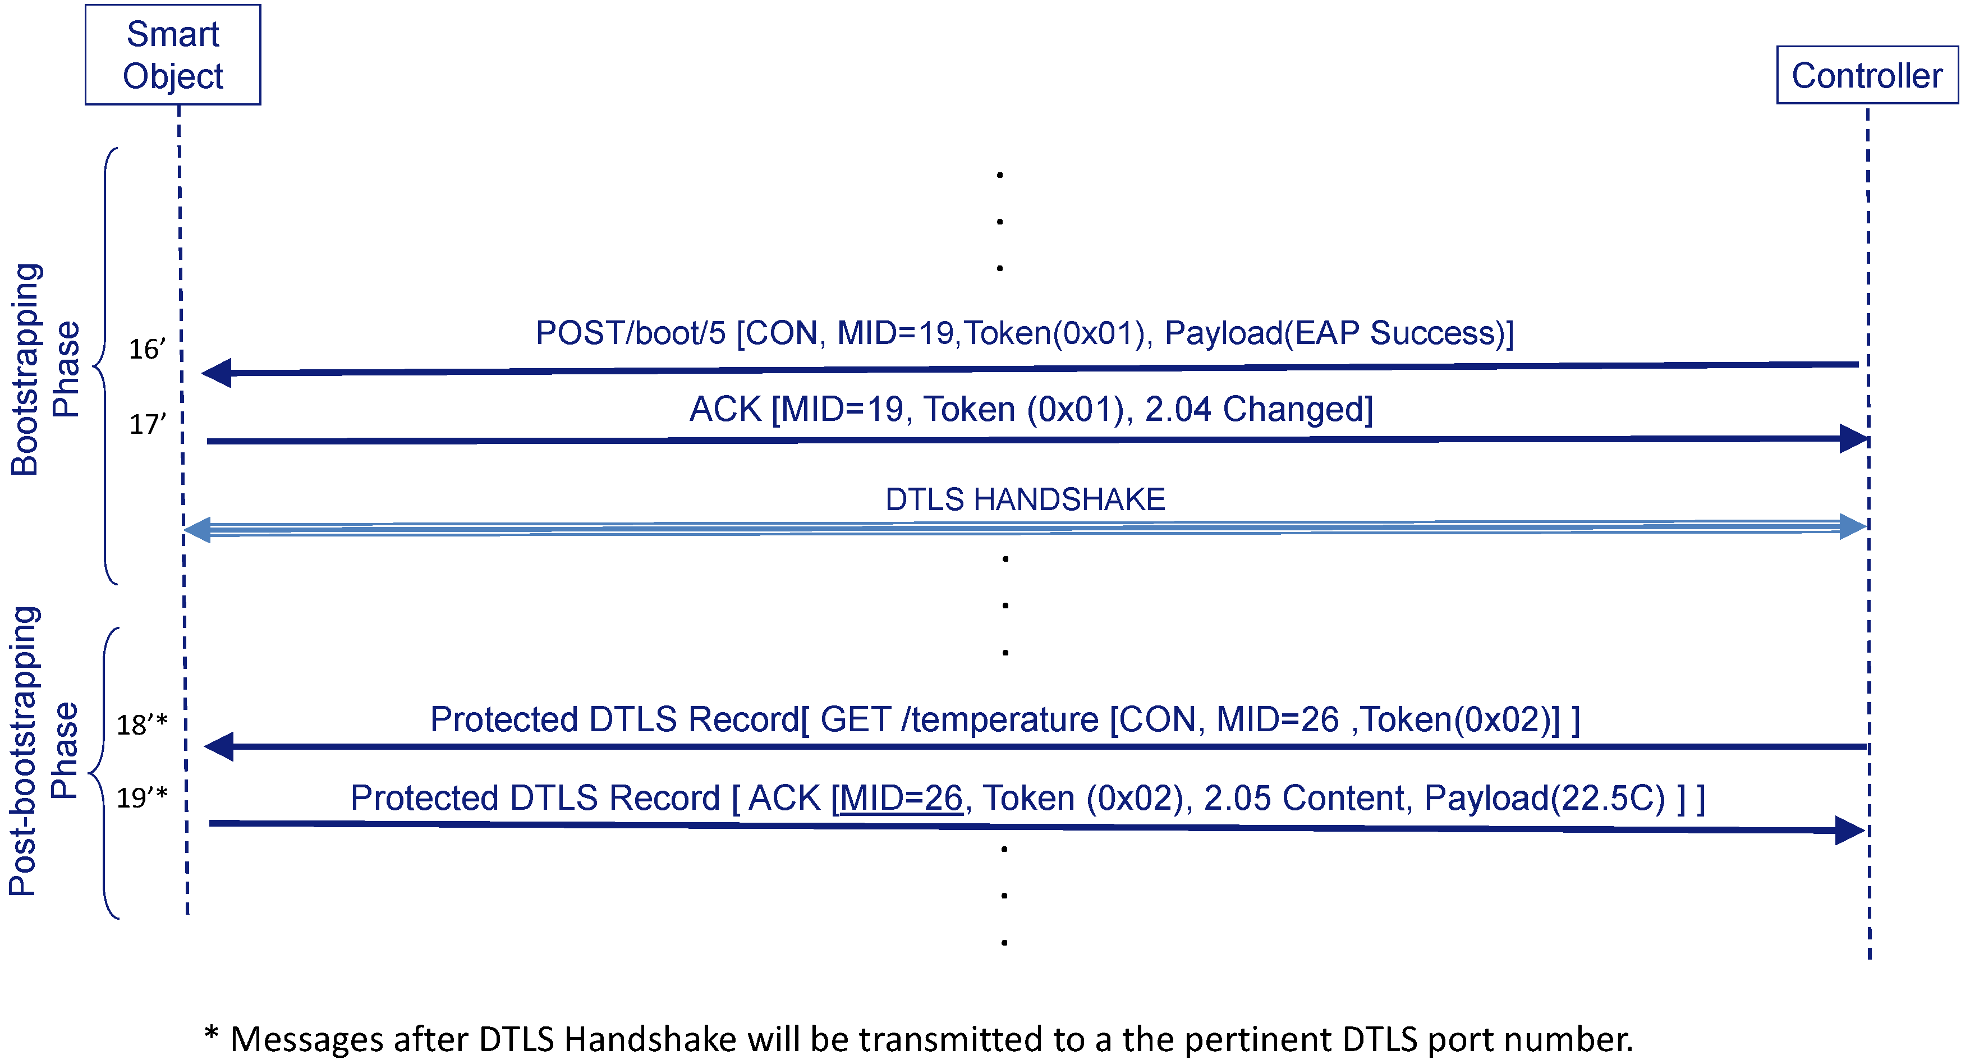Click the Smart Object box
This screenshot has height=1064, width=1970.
pyautogui.click(x=173, y=54)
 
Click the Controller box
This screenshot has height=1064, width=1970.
pyautogui.click(x=1866, y=75)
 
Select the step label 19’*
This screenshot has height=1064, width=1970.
pyautogui.click(x=141, y=798)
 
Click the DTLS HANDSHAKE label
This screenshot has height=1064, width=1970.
pyautogui.click(x=1025, y=499)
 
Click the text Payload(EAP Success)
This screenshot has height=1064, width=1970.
pyautogui.click(x=1334, y=333)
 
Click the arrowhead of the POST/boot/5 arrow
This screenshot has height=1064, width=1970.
pyautogui.click(x=217, y=373)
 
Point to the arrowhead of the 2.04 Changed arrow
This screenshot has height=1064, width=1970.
pyautogui.click(x=1853, y=438)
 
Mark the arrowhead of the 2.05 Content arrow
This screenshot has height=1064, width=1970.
pyautogui.click(x=1849, y=830)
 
